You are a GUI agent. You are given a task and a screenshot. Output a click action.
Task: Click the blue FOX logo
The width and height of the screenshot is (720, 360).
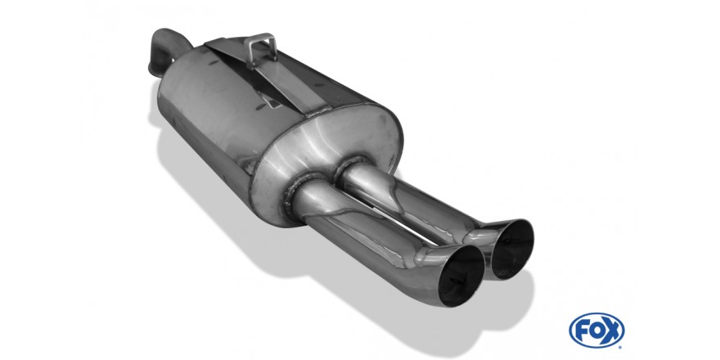coord(596,331)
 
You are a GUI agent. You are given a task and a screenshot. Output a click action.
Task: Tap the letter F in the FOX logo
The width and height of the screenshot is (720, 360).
coord(583,331)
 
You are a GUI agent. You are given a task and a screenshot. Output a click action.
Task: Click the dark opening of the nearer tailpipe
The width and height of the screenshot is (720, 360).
coord(461,276)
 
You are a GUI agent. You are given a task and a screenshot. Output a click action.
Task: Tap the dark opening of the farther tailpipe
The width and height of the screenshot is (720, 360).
coord(512,249)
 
